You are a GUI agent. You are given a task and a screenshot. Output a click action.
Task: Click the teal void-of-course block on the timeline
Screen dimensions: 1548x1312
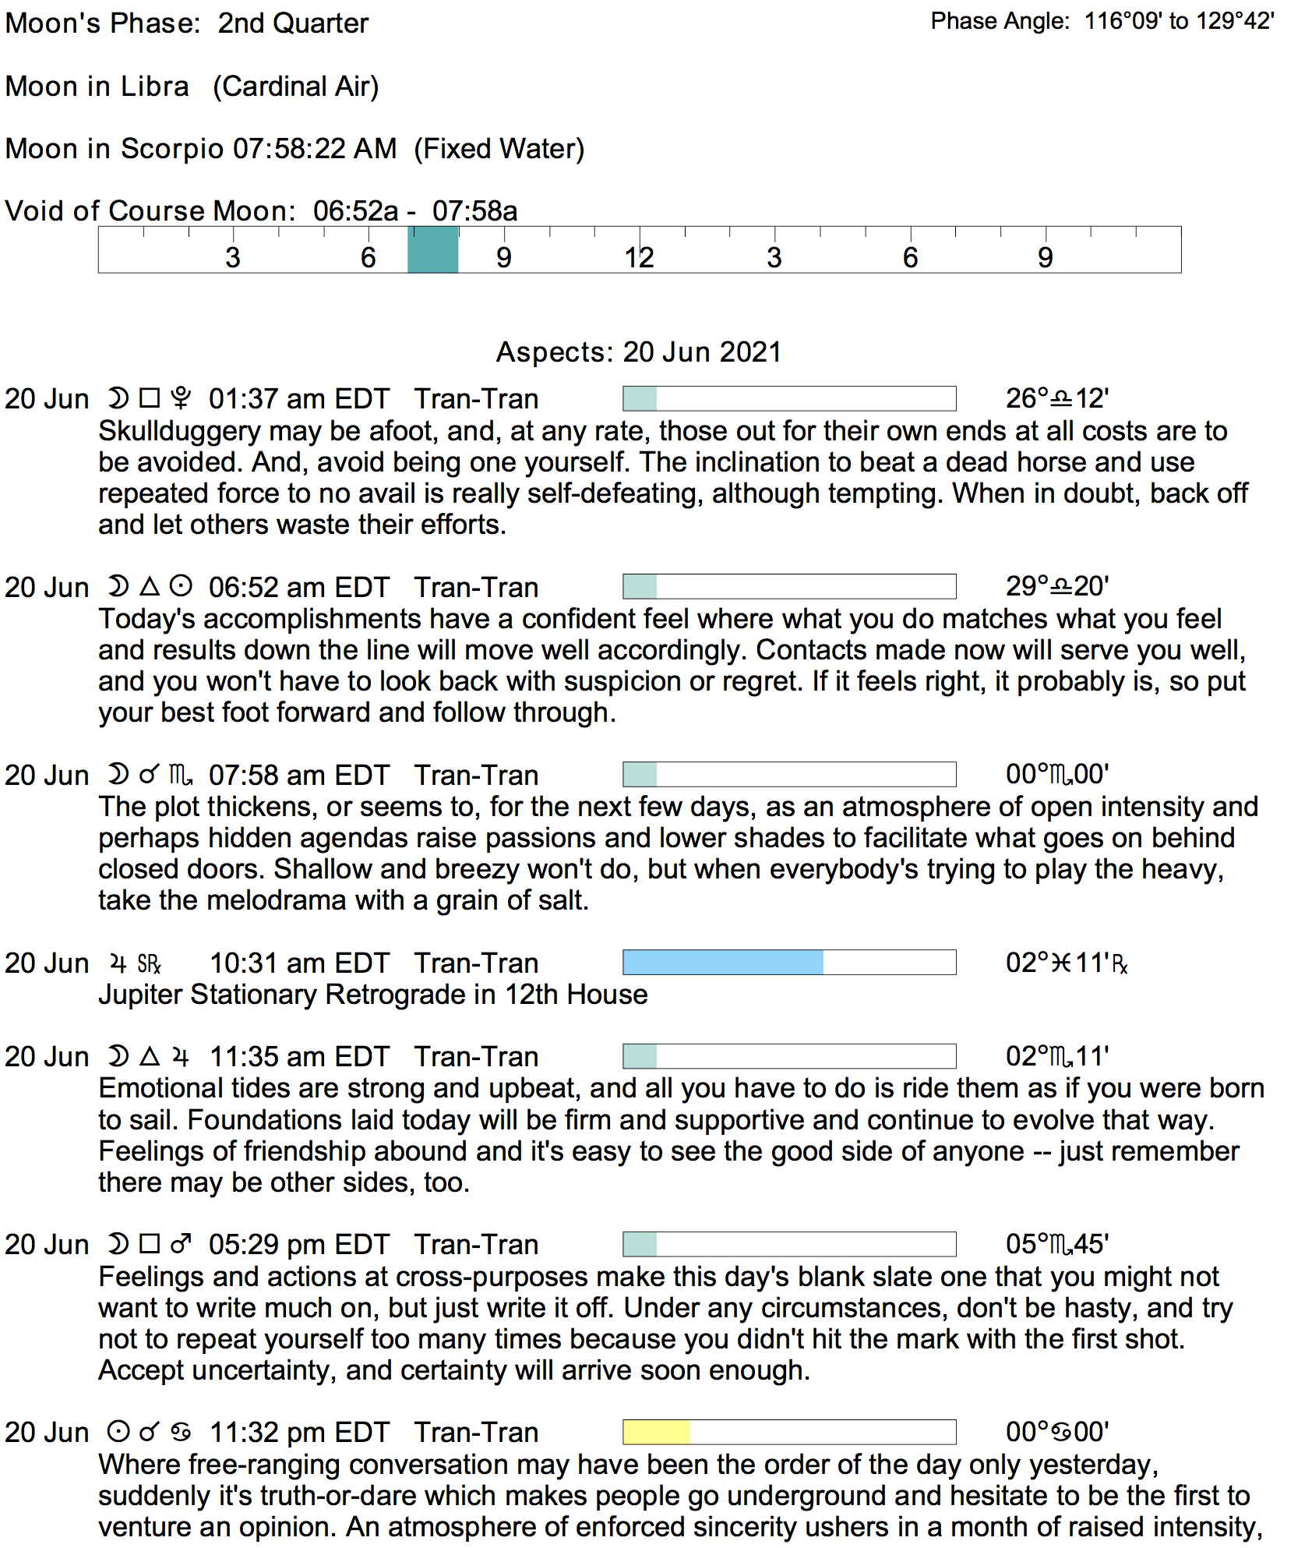[432, 250]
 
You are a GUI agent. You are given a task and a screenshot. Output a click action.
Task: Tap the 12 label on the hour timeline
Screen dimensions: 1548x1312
[639, 258]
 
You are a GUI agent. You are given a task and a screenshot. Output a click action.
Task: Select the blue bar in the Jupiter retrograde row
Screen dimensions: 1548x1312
[723, 963]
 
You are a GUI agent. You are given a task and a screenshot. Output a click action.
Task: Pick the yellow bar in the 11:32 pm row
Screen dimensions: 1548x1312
[656, 1432]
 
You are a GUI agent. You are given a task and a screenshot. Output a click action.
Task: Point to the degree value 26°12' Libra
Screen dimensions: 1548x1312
[1056, 399]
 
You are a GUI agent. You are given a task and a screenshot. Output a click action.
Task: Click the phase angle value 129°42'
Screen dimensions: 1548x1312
[1235, 21]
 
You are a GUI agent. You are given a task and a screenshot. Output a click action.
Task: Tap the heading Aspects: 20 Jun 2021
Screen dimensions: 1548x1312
[639, 352]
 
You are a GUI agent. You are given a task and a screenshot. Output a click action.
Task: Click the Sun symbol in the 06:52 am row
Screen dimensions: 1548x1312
[181, 586]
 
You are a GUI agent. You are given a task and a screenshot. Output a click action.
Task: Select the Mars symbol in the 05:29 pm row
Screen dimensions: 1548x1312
[181, 1244]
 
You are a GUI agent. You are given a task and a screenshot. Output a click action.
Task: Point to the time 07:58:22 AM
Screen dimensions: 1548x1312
[315, 149]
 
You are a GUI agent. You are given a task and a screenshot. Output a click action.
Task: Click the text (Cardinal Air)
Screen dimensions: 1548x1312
[296, 87]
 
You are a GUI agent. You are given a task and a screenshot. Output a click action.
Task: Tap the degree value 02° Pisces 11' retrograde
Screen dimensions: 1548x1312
[1066, 963]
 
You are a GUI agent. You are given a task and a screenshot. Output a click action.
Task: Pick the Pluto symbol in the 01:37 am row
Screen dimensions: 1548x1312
[181, 398]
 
